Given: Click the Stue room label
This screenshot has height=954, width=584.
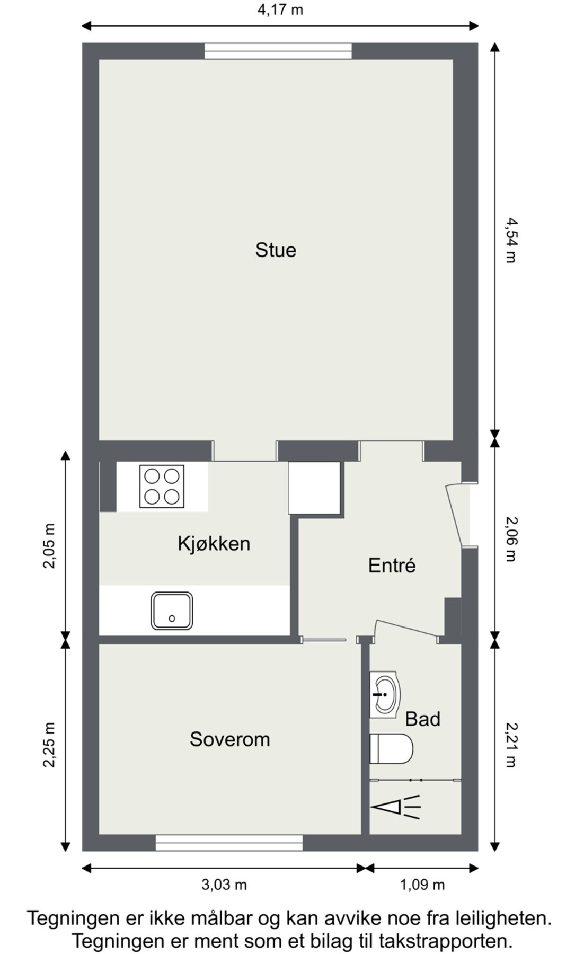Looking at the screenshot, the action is tap(276, 250).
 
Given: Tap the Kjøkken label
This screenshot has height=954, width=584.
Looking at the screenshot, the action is tap(214, 544).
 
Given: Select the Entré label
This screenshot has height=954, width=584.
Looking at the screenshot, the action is tap(392, 565).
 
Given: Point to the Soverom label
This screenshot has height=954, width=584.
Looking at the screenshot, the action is tap(230, 739).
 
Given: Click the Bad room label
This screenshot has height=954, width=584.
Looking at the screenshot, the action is tap(423, 719).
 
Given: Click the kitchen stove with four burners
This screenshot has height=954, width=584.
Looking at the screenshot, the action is tap(162, 485).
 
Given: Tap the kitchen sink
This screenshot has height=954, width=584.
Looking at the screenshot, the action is tap(172, 611).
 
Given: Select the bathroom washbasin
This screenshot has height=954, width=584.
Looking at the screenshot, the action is tap(385, 694).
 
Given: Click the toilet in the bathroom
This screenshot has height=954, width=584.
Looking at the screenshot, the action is tap(391, 749).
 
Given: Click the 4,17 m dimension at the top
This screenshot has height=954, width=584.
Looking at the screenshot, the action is tap(280, 10).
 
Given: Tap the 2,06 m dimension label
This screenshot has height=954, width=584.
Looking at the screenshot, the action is tap(510, 539).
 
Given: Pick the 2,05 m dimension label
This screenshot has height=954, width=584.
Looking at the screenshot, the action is tap(49, 546).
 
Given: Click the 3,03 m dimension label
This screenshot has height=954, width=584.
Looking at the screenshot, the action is tap(224, 885).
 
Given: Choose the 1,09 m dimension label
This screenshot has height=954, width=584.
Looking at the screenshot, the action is tap(422, 885).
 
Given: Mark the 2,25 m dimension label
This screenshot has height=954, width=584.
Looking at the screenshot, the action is tap(49, 745).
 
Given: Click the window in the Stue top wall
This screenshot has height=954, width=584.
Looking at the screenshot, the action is tap(278, 51).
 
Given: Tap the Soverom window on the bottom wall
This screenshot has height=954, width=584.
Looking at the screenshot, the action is tap(229, 843).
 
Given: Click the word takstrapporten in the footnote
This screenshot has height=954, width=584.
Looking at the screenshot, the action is tap(445, 941).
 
